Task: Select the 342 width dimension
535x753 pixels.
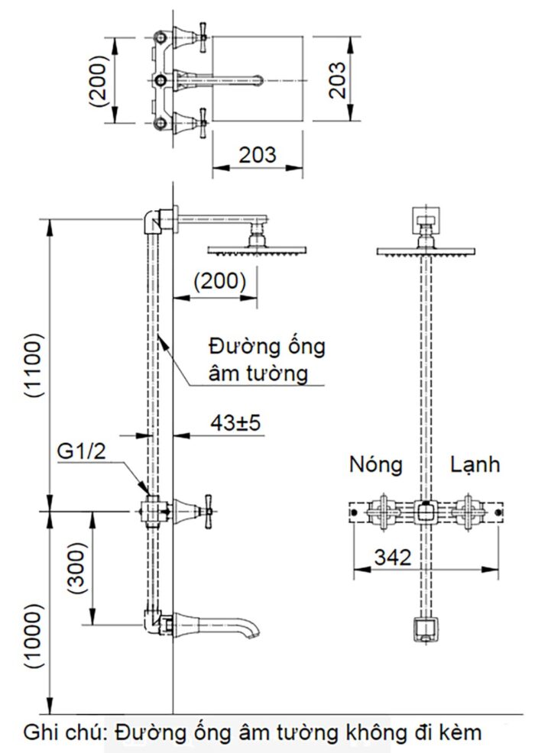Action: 393,557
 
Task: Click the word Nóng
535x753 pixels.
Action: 376,464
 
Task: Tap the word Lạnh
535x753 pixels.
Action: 474,464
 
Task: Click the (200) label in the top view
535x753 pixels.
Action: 98,79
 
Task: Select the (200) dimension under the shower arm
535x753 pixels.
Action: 219,281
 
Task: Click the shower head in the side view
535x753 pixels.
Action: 258,250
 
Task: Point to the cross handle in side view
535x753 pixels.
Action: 203,507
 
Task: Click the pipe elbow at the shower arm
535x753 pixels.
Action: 154,221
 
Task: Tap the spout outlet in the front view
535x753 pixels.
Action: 423,629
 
